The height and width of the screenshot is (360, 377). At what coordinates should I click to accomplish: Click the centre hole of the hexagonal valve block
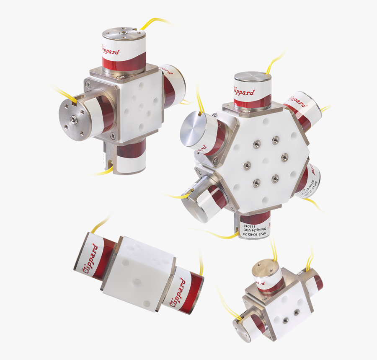coord(266,160)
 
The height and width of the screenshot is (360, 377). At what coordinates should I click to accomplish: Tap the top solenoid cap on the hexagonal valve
coord(252,77)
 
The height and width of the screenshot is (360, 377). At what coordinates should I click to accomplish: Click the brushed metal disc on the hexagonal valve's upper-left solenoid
coord(193,128)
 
